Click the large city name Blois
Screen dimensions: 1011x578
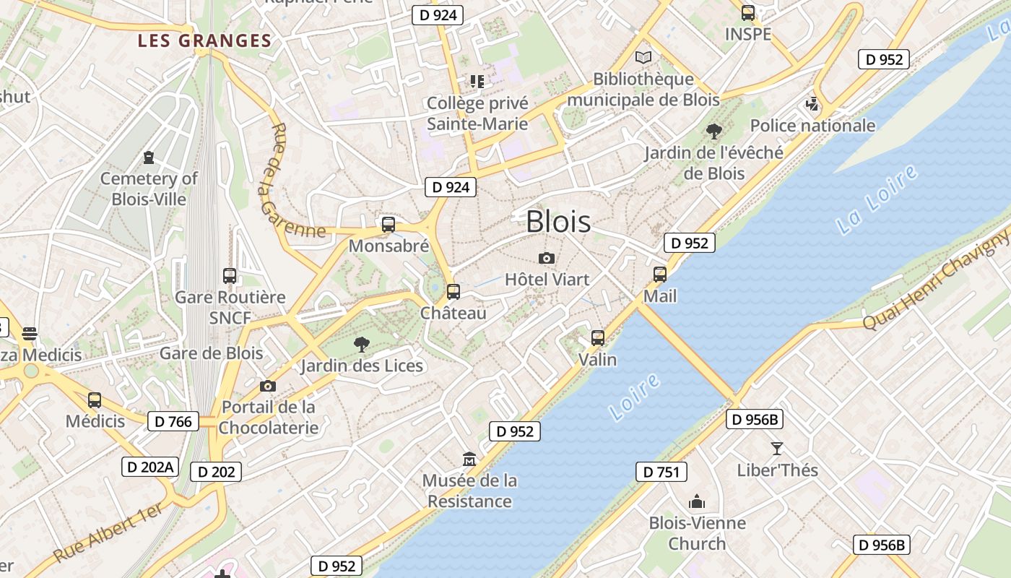coord(558,221)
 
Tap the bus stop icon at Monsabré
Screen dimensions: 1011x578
coord(389,225)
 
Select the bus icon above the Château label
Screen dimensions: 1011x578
coord(454,292)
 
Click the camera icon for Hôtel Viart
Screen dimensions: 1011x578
coord(547,258)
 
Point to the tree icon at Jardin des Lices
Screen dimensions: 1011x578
coord(362,345)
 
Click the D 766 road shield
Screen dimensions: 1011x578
coord(173,420)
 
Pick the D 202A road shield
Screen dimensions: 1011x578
coord(150,467)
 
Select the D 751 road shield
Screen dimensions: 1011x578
coord(661,472)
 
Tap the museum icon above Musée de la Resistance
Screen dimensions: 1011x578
coord(470,459)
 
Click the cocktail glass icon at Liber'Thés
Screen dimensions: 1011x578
coord(777,449)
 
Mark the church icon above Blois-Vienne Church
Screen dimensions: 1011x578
coord(697,501)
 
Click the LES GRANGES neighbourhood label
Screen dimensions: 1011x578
coord(204,41)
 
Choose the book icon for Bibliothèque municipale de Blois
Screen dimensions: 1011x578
coord(643,57)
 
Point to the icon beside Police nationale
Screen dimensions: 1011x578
coord(812,105)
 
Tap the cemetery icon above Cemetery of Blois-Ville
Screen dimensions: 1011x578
coord(149,157)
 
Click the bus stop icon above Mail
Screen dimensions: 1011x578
coord(660,275)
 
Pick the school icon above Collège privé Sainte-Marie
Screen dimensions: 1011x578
coord(477,82)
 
